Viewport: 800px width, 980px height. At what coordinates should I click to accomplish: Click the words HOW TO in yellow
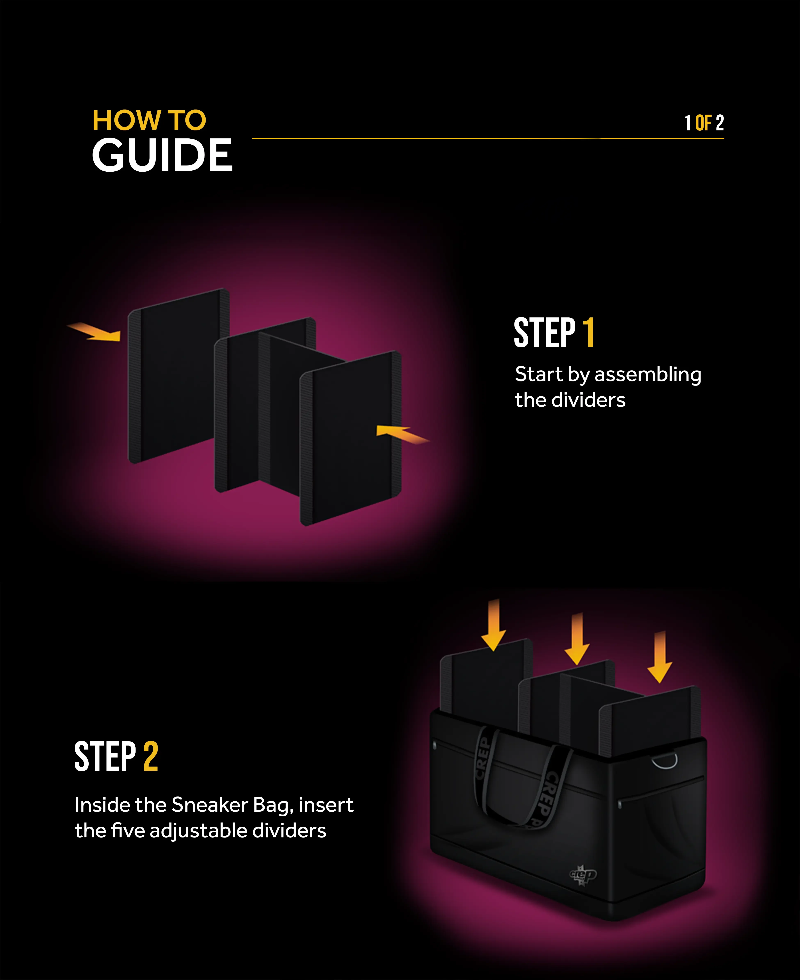coord(149,121)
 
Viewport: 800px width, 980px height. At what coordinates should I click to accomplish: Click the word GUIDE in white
coord(162,156)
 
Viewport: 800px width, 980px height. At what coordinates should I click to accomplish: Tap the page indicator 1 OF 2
coord(704,123)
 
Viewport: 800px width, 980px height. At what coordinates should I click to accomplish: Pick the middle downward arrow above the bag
coord(577,639)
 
